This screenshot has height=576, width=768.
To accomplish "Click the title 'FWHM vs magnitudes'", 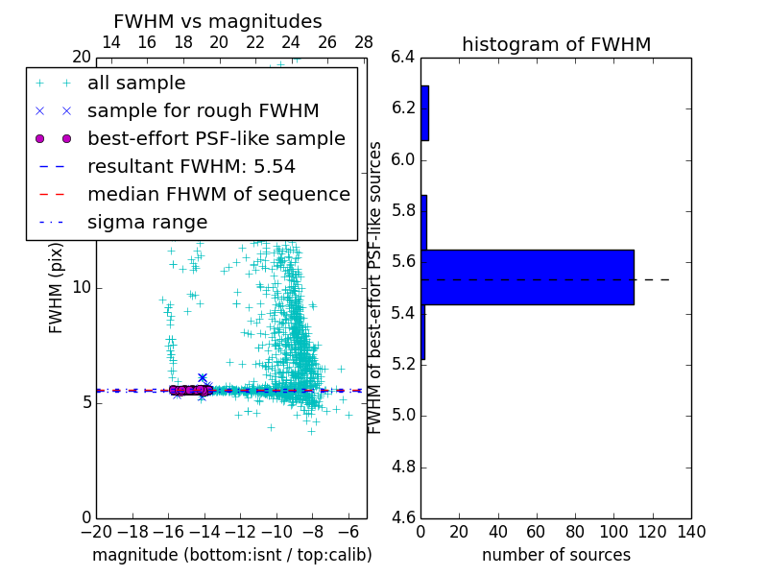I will (x=217, y=22).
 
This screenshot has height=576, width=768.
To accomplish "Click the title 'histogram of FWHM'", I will (x=556, y=44).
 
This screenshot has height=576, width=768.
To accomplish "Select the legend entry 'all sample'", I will (x=136, y=84).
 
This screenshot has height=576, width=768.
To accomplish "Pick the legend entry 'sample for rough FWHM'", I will (x=203, y=111).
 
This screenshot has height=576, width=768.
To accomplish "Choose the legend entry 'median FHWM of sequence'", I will (x=218, y=194).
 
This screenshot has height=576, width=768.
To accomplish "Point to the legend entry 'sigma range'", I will (x=147, y=222).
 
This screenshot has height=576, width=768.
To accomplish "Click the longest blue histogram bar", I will (x=527, y=276).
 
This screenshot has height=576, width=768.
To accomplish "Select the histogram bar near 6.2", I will (x=424, y=113).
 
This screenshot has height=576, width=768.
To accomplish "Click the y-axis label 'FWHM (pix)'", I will (x=57, y=287).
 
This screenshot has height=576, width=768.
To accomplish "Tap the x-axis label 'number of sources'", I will (x=556, y=555).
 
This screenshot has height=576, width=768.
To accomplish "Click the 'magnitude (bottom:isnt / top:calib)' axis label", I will (x=231, y=555).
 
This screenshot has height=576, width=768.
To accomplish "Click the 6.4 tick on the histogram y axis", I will (x=402, y=57).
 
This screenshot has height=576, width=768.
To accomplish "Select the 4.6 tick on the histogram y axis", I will (x=402, y=518).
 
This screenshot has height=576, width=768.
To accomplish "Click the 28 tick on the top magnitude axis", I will (x=364, y=42).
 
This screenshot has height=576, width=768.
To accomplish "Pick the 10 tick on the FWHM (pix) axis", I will (x=81, y=287).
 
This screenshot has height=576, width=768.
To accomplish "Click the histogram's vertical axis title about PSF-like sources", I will (x=376, y=287).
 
